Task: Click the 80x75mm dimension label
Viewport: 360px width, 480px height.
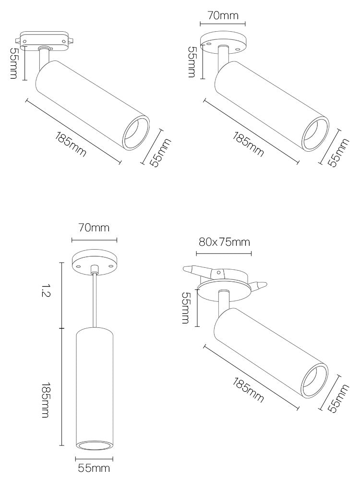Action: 224,242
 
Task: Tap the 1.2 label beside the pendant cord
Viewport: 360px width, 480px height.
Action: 46,290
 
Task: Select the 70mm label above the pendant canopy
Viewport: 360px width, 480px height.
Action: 94,228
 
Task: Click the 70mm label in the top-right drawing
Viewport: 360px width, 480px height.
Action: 223,15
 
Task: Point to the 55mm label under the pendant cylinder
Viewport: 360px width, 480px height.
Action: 94,468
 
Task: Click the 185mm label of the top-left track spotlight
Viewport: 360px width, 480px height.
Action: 71,144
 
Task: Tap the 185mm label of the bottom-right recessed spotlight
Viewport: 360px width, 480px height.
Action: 248,390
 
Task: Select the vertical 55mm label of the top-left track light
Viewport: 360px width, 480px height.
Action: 14,63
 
